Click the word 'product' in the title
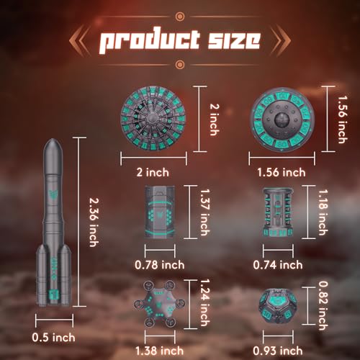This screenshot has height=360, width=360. pyautogui.click(x=149, y=41)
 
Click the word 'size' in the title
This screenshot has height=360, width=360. pyautogui.click(x=234, y=40)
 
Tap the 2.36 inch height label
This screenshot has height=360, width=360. pyautogui.click(x=94, y=222)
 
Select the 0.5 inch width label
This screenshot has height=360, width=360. pyautogui.click(x=53, y=338)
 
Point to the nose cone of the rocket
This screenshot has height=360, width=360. pyautogui.click(x=53, y=145)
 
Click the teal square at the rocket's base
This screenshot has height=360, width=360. pyautogui.click(x=53, y=294)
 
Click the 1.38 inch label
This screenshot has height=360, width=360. pyautogui.click(x=159, y=351)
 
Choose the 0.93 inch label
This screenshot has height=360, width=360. pyautogui.click(x=278, y=351)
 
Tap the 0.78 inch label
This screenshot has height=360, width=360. pyautogui.click(x=160, y=265)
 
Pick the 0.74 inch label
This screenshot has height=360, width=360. pyautogui.click(x=278, y=265)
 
